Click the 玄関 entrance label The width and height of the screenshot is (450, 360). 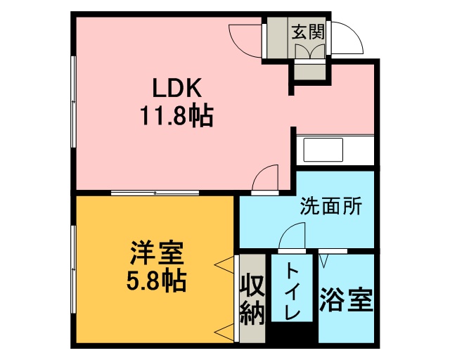point(308,32)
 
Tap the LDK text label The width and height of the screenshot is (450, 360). point(176,88)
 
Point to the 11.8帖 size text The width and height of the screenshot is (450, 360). point(176,115)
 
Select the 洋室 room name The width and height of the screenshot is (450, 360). point(157,253)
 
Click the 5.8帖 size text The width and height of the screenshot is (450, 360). point(157,281)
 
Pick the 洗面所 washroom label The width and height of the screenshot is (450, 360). point(331,205)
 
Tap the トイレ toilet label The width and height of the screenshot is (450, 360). point(292,290)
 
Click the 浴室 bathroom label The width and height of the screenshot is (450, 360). point(346,300)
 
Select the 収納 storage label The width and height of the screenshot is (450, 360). point(252,300)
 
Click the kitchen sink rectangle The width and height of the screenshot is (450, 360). point(323,150)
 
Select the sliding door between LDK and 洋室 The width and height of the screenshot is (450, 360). point(155,193)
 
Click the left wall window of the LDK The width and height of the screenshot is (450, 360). point(73,102)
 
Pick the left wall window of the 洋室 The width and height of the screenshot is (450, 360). point(73,269)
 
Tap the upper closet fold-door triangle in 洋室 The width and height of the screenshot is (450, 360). point(225,264)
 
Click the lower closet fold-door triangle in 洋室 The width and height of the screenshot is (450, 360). point(225,332)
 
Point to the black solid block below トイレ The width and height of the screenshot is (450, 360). point(292,333)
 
